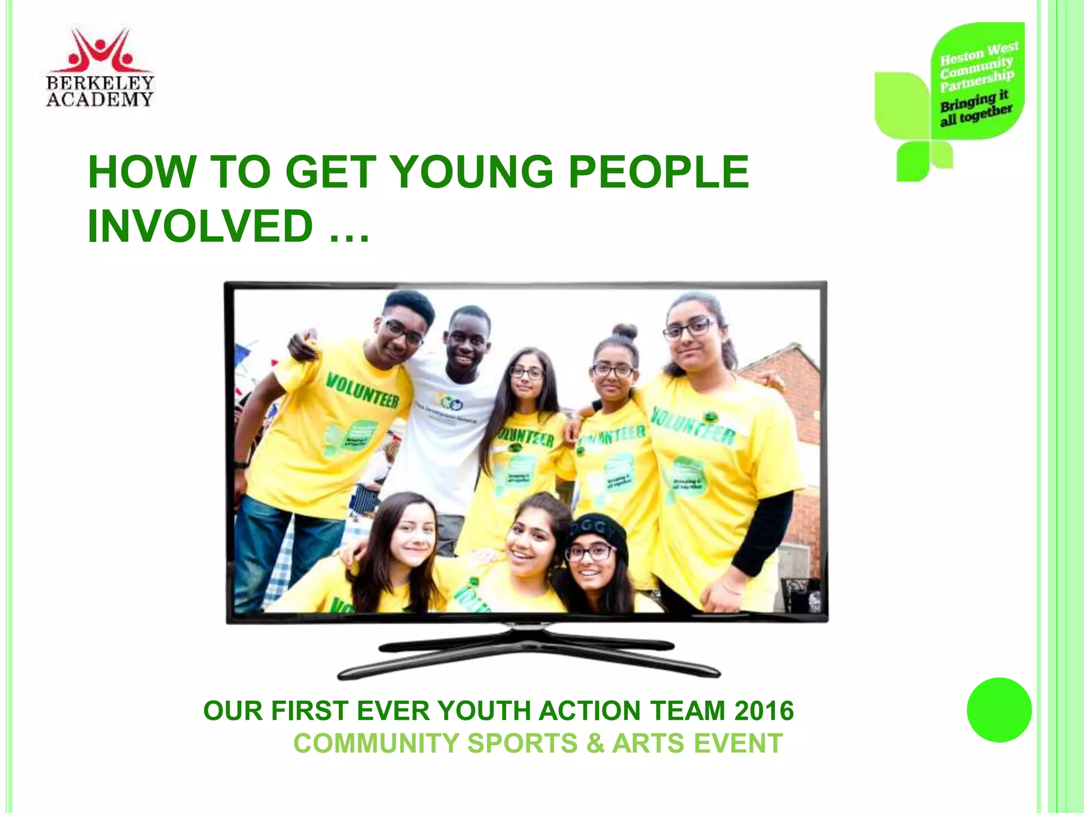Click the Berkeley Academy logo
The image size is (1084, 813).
pyautogui.click(x=100, y=67)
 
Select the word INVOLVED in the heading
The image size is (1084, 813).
pyautogui.click(x=201, y=226)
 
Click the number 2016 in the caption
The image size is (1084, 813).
pyautogui.click(x=764, y=710)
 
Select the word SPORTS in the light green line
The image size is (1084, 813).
pyautogui.click(x=522, y=743)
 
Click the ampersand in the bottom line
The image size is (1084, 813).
pyautogui.click(x=595, y=743)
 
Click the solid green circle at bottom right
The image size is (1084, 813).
pyautogui.click(x=999, y=710)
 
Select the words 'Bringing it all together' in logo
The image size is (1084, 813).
pyautogui.click(x=975, y=109)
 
